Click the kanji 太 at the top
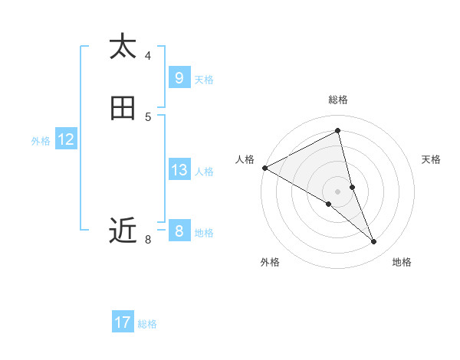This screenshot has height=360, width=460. (x=123, y=47)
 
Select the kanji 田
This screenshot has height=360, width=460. (x=123, y=109)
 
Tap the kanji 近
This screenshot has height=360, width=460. (x=123, y=230)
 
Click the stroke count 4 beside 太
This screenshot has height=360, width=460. (x=148, y=55)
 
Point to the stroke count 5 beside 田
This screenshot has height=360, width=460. (x=148, y=116)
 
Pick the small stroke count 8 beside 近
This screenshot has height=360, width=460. (x=148, y=241)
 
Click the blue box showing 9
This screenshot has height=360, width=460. (x=179, y=78)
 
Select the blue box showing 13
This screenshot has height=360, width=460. (x=179, y=170)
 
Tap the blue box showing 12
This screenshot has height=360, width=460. (x=66, y=140)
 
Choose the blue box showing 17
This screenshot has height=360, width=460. (x=123, y=322)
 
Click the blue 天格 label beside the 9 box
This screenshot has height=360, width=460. (x=204, y=79)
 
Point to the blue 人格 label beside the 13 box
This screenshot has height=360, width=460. (x=204, y=171)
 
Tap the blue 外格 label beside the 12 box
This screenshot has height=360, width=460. (x=41, y=141)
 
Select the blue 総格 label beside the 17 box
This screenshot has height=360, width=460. (x=147, y=323)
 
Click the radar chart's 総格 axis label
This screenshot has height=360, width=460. (x=337, y=100)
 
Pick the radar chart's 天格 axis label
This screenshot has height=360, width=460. (x=431, y=159)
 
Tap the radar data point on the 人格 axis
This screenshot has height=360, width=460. (x=264, y=168)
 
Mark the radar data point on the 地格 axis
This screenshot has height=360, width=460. (x=373, y=241)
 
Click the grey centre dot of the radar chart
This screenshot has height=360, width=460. (x=337, y=191)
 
